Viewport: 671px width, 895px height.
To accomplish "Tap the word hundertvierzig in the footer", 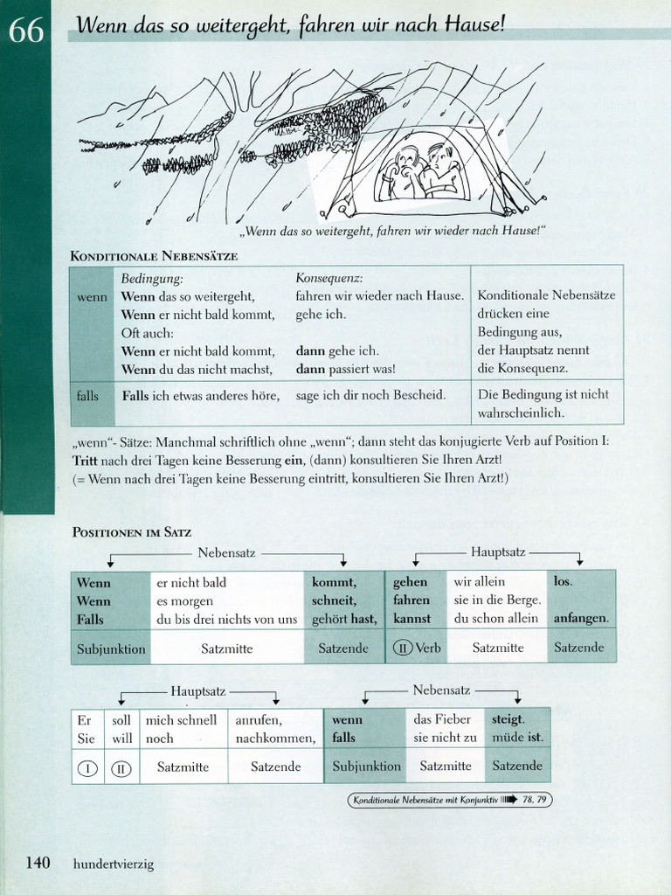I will click(114, 864).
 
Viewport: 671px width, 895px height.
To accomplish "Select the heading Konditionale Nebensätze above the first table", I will click(153, 255).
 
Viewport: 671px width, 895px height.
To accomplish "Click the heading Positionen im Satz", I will click(130, 531).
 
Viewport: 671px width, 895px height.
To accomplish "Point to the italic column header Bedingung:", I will click(152, 278).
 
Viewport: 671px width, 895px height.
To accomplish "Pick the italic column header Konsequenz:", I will click(329, 278).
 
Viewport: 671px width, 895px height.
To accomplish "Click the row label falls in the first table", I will click(88, 395).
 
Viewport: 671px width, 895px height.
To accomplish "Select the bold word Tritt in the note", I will click(87, 460).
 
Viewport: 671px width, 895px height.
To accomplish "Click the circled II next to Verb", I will click(404, 648).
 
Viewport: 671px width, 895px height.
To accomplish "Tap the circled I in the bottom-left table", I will click(86, 767).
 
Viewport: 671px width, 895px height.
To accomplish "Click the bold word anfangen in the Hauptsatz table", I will click(581, 619).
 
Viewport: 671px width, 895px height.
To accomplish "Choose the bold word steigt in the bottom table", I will click(508, 719).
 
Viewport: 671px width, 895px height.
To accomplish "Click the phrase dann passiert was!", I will click(345, 368).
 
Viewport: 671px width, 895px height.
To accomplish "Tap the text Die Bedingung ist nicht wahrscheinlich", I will click(543, 403).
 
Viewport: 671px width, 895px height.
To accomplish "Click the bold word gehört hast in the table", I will click(344, 619).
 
